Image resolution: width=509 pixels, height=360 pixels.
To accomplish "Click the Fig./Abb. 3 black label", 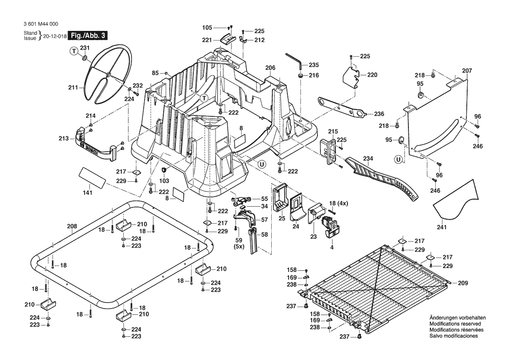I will pyautogui.click(x=87, y=36).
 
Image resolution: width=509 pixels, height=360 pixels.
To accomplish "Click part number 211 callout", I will pyautogui.click(x=73, y=87).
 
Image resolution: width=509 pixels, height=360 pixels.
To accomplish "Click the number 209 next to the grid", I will pyautogui.click(x=462, y=283).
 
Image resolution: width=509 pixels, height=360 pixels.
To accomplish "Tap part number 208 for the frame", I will pyautogui.click(x=72, y=226).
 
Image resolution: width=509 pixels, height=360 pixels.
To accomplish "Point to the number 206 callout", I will pyautogui.click(x=270, y=68).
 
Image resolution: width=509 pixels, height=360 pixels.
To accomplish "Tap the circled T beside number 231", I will pyautogui.click(x=74, y=51).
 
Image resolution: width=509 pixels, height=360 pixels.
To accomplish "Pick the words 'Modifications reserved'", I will pyautogui.click(x=455, y=324).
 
